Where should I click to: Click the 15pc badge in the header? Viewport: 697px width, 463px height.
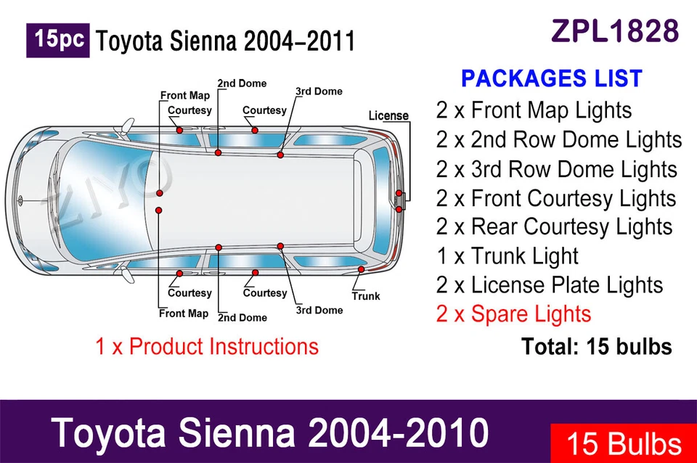click(x=58, y=40)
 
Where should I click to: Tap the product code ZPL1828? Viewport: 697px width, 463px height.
click(x=615, y=30)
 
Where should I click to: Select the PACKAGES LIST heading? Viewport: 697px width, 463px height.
click(x=552, y=78)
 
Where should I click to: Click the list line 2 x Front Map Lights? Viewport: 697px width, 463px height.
click(x=534, y=110)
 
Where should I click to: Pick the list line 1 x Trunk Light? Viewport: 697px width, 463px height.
click(x=507, y=255)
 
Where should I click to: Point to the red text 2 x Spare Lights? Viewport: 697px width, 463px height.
click(x=513, y=314)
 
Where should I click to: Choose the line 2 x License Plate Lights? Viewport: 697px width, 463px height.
click(x=550, y=284)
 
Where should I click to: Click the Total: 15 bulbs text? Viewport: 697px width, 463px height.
click(x=596, y=346)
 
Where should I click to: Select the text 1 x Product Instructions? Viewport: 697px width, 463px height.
click(x=207, y=345)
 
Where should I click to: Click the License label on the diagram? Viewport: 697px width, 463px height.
click(x=388, y=115)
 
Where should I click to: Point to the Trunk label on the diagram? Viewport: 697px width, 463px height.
click(x=366, y=296)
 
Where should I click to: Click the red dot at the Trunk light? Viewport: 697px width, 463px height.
click(x=361, y=269)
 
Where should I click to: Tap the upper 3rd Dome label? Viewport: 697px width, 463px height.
click(x=319, y=91)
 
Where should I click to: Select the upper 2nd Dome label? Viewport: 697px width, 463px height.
click(x=242, y=83)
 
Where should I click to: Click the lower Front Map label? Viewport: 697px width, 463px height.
click(x=184, y=314)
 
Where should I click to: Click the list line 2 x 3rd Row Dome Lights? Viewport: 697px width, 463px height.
click(x=556, y=168)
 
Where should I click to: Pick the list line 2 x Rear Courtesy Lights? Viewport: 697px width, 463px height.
click(x=554, y=226)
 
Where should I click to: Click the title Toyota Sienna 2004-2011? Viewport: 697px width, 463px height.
click(x=226, y=41)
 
